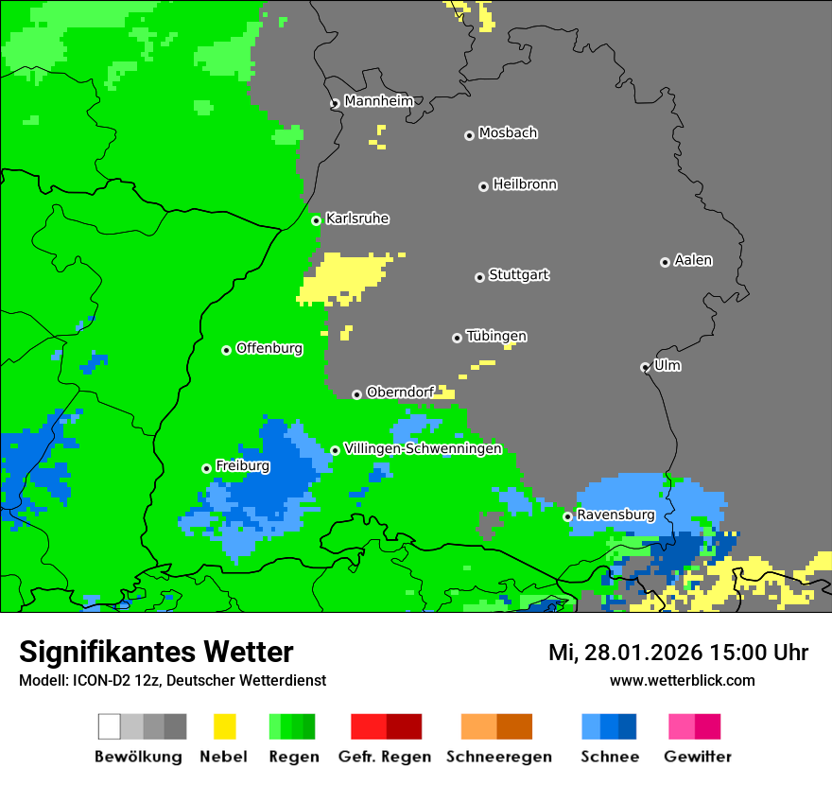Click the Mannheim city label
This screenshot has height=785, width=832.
(378, 101)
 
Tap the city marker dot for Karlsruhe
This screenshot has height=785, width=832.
(317, 220)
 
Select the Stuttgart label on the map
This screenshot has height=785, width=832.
(518, 275)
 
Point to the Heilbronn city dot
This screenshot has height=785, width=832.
(483, 186)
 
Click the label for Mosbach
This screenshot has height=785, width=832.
(508, 133)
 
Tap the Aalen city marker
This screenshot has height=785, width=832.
(665, 262)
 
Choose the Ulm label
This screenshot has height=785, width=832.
(667, 365)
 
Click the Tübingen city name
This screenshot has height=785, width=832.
(496, 337)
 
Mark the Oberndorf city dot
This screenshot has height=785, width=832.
(356, 394)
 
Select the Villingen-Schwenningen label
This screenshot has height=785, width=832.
(423, 448)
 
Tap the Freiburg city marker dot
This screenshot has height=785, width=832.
(206, 468)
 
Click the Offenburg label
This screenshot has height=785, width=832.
(269, 348)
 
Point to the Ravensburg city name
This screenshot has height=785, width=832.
(615, 515)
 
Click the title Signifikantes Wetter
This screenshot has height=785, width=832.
(156, 653)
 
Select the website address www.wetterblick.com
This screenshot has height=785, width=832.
(682, 680)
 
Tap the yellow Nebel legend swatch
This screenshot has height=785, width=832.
(224, 726)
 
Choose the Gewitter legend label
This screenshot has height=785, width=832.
(697, 757)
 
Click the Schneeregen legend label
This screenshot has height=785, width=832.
(498, 757)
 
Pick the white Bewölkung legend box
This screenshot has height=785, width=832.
(110, 726)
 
